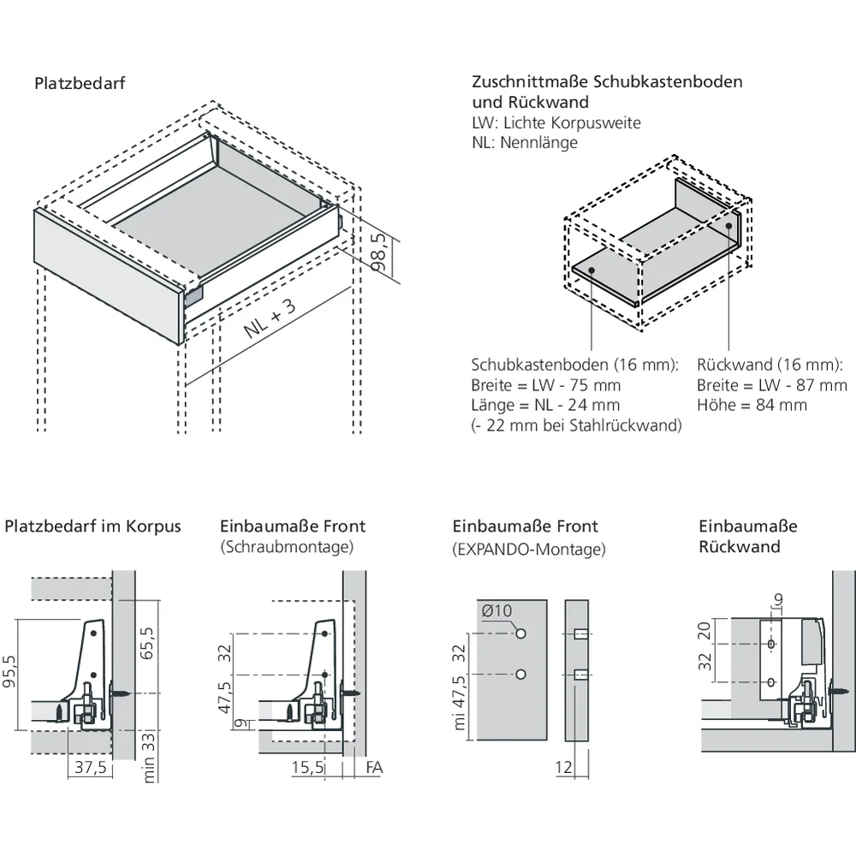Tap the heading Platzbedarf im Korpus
click(x=93, y=526)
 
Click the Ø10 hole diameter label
click(x=496, y=611)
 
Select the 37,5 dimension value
click(x=90, y=767)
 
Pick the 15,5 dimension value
click(x=307, y=767)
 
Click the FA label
click(x=374, y=767)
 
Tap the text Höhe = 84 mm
click(x=752, y=405)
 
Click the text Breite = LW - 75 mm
click(x=546, y=385)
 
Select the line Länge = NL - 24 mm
click(x=545, y=405)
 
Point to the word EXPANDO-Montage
click(x=528, y=550)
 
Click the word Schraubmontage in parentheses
click(x=287, y=546)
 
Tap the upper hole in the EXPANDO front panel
click(x=520, y=633)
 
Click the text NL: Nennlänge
click(x=525, y=142)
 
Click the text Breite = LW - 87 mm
click(x=771, y=385)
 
